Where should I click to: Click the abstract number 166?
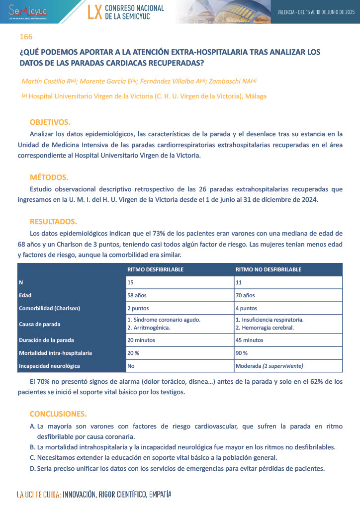coord(26,37)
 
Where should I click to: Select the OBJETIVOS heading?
coord(50,122)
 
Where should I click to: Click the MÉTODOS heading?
coord(49,177)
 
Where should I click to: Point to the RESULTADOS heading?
coord(53,221)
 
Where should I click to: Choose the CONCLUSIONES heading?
coord(58,414)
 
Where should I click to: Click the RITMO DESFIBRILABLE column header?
coord(156,269)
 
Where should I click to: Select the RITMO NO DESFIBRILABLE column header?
coord(268,269)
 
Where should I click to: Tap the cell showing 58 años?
coord(137,295)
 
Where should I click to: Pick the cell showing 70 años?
coord(245,295)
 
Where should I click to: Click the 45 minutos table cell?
coord(249,340)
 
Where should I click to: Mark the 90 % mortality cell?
coord(242,353)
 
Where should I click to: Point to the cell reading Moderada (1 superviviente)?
coord(269,366)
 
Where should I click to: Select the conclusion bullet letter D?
coord(33,469)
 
